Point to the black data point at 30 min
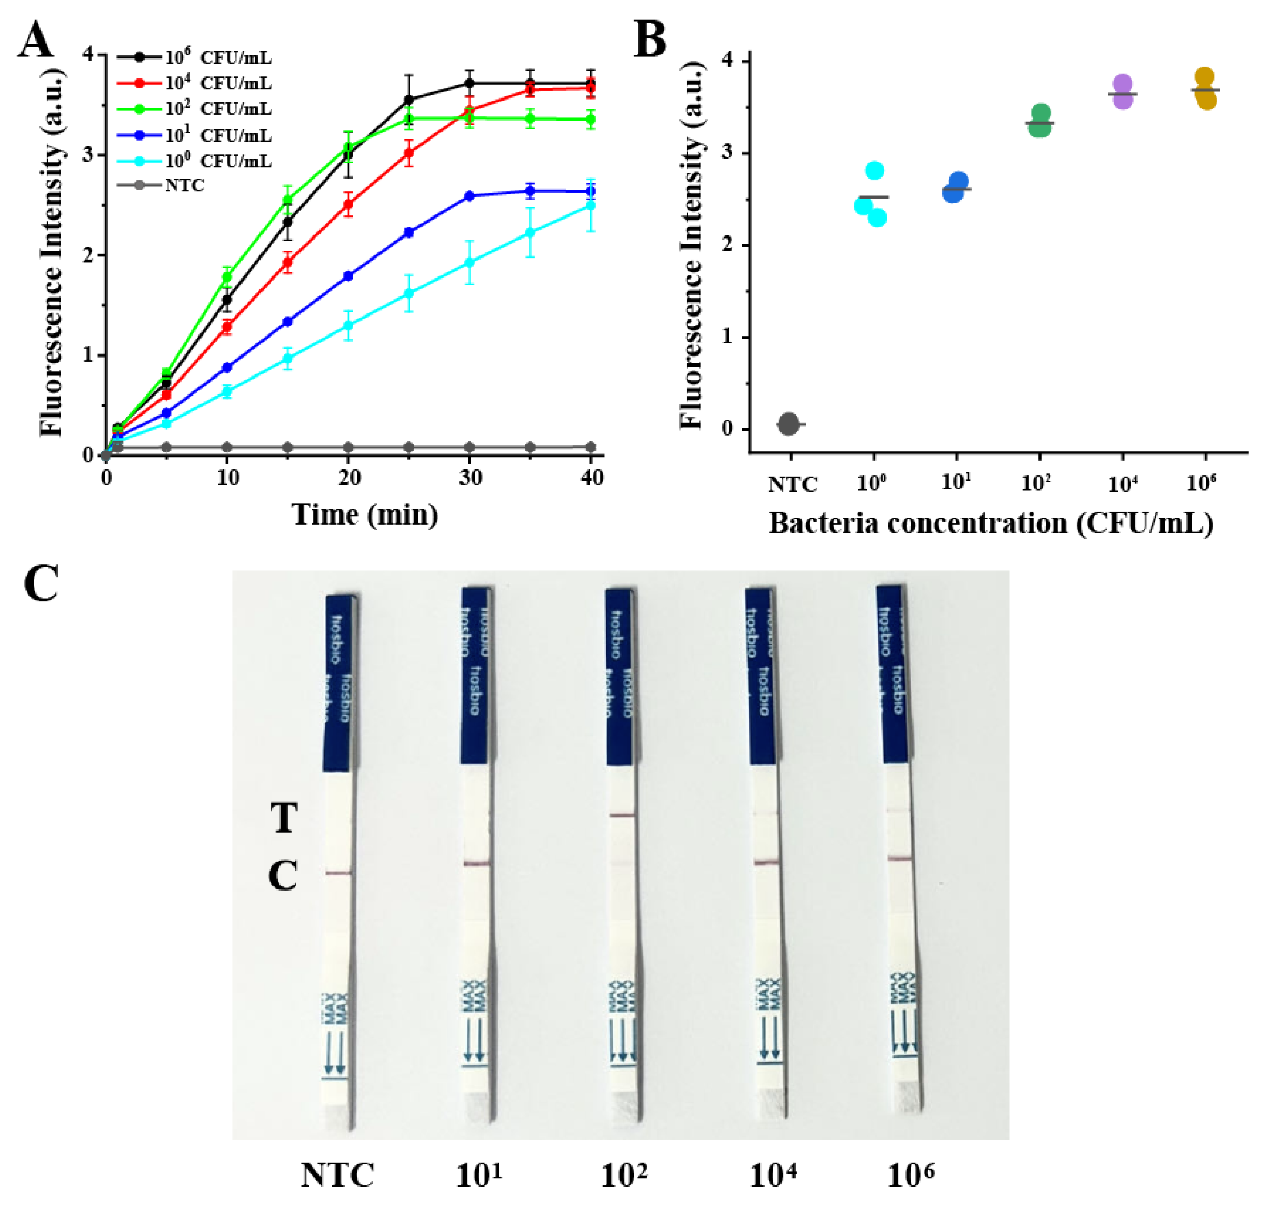pyautogui.click(x=469, y=83)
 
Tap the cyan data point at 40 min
pyautogui.click(x=591, y=206)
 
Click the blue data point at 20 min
pyautogui.click(x=348, y=276)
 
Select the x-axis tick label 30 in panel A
pyautogui.click(x=470, y=478)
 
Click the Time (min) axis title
pyautogui.click(x=365, y=515)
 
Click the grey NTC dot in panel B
pyautogui.click(x=789, y=424)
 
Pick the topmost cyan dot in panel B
pyautogui.click(x=875, y=171)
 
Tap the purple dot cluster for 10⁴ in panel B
pyautogui.click(x=1122, y=92)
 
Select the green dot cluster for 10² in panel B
pyautogui.click(x=1040, y=121)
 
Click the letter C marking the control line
pyautogui.click(x=283, y=876)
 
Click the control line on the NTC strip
pyautogui.click(x=338, y=873)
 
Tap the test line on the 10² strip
pyautogui.click(x=622, y=815)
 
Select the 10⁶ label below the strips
pyautogui.click(x=910, y=1176)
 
